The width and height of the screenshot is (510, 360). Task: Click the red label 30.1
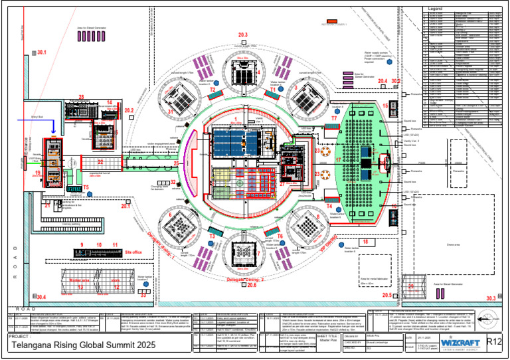tap(42, 52)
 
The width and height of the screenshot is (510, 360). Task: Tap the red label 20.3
tap(242, 35)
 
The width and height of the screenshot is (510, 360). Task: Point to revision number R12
tap(493, 342)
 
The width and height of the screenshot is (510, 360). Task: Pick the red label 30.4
tap(41, 296)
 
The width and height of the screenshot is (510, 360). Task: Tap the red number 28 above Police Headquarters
tap(81, 98)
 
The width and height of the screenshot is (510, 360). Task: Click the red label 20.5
tap(387, 294)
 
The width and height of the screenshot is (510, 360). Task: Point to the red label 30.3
tap(490, 299)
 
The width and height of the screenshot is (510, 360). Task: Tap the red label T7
tap(334, 118)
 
